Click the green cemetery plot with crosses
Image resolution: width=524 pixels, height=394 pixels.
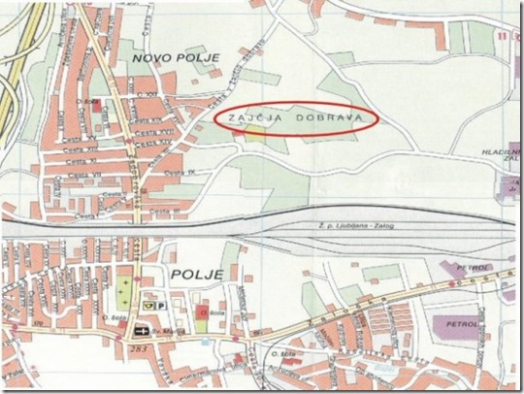[x=123, y=291]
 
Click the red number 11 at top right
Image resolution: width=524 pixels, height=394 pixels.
[x=502, y=37]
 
